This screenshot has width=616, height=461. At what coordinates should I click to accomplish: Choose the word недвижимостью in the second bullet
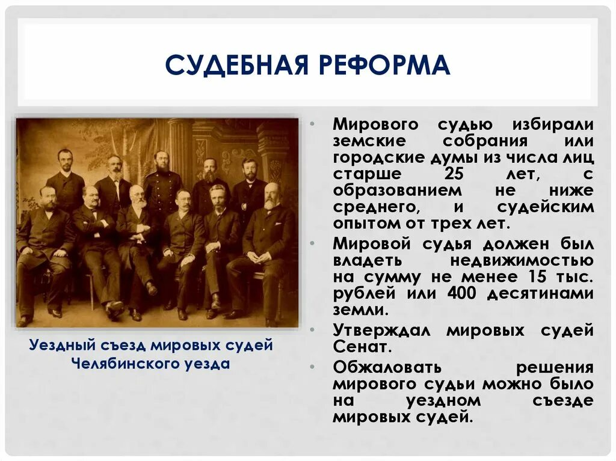tap(521, 261)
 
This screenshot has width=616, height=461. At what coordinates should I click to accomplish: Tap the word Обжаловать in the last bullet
tap(387, 367)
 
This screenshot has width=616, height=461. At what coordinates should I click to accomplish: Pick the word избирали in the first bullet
tap(553, 124)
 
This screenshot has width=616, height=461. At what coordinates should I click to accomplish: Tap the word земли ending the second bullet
tap(360, 311)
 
